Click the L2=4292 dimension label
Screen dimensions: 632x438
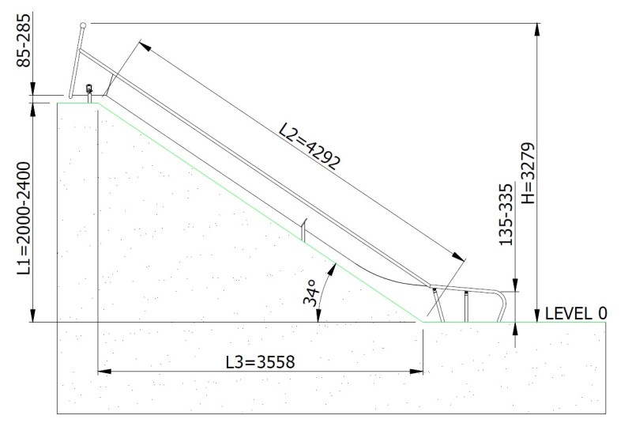click(x=310, y=146)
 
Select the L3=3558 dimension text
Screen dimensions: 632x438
click(x=261, y=362)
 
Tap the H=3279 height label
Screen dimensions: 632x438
click(x=529, y=173)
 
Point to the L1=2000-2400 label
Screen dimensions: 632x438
click(x=24, y=218)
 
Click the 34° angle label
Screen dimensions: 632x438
click(x=311, y=293)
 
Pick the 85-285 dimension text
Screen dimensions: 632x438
click(x=24, y=40)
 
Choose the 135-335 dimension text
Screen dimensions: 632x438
click(x=506, y=214)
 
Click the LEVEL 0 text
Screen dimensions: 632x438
click(x=576, y=313)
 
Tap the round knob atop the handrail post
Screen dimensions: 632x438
click(x=83, y=25)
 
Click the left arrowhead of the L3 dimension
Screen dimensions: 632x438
click(x=104, y=371)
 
